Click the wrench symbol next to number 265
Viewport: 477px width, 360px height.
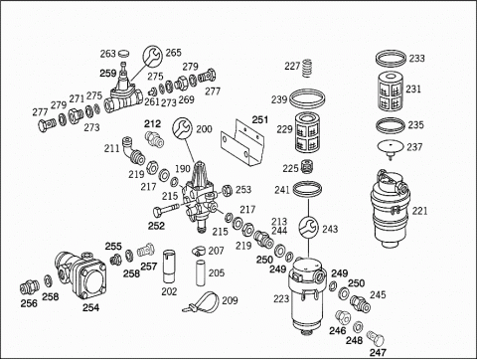click(x=152, y=56)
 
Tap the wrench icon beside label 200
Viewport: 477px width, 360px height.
click(x=182, y=127)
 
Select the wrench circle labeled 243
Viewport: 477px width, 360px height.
click(x=309, y=228)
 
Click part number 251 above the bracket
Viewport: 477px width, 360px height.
click(x=260, y=119)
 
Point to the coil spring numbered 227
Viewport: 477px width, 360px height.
click(x=308, y=68)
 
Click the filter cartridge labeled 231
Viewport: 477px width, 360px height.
click(x=390, y=91)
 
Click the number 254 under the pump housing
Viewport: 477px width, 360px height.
click(x=90, y=307)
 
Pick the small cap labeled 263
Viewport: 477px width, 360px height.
click(x=124, y=53)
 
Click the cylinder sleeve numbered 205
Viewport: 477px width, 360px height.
click(x=200, y=273)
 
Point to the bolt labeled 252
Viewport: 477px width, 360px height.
click(x=166, y=209)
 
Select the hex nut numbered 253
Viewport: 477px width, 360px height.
click(x=227, y=190)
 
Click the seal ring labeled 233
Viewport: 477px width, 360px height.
click(x=391, y=59)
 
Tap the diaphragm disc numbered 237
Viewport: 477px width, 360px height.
click(x=391, y=148)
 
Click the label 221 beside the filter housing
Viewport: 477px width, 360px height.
click(x=419, y=211)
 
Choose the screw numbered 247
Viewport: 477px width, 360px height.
click(x=376, y=338)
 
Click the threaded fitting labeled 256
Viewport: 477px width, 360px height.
click(x=29, y=287)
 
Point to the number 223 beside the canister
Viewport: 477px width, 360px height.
click(x=281, y=298)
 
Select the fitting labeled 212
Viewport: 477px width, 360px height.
click(x=154, y=139)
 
